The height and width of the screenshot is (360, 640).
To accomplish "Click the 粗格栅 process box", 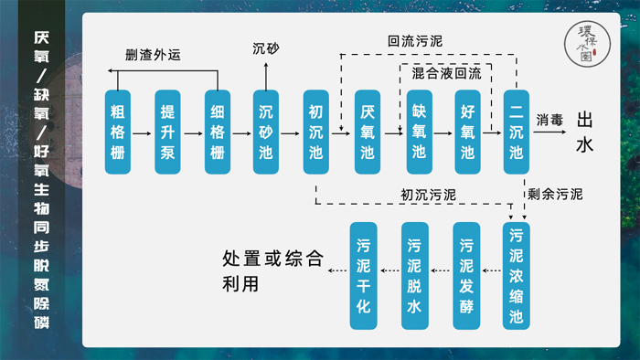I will pos(118,132).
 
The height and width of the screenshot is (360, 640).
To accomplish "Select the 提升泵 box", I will pos(167,132).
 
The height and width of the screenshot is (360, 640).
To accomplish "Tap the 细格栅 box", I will pos(217,132).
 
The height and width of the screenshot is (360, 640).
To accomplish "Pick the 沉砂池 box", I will pos(267,132).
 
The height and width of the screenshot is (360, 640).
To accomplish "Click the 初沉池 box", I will pos(316,132).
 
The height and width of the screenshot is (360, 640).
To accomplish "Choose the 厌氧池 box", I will pos(367,132).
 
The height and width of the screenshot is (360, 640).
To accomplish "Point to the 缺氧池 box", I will pos(417,132).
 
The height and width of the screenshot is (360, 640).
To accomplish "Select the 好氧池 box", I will pos(466,132).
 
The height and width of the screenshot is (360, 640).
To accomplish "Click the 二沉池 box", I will pos(517,132).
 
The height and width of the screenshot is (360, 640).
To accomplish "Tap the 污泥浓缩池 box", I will pos(517,275).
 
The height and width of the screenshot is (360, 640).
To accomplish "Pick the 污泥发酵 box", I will pos(466,275).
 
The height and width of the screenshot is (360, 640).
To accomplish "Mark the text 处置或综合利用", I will pos(272,270).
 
